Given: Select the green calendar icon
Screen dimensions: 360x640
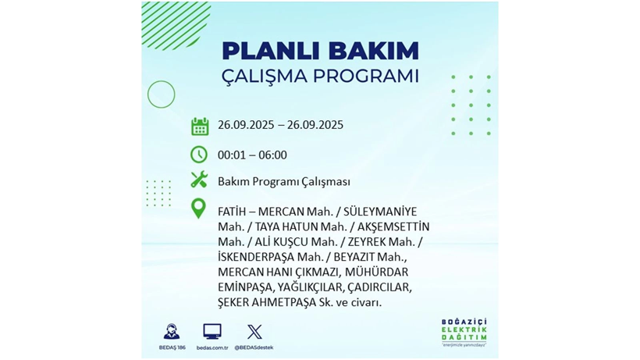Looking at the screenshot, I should (x=200, y=127).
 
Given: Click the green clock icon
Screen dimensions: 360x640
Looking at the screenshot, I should (x=199, y=154).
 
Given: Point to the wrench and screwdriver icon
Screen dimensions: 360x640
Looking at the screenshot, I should (x=199, y=180).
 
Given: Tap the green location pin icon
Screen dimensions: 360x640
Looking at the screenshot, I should (x=199, y=209).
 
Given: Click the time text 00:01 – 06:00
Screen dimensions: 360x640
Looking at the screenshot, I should (x=252, y=155).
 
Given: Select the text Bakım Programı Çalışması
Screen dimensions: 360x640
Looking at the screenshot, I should (x=284, y=182).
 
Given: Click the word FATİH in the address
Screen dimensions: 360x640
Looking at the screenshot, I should (x=233, y=212).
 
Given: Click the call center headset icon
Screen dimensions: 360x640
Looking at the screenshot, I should (x=172, y=331).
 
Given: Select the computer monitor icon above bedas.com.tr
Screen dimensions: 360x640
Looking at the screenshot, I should (x=212, y=331).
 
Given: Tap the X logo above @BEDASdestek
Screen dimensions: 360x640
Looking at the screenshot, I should (x=254, y=332).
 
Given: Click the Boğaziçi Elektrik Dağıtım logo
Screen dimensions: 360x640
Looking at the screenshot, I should (x=463, y=332).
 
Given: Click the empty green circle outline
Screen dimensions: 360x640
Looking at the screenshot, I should (x=162, y=94).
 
